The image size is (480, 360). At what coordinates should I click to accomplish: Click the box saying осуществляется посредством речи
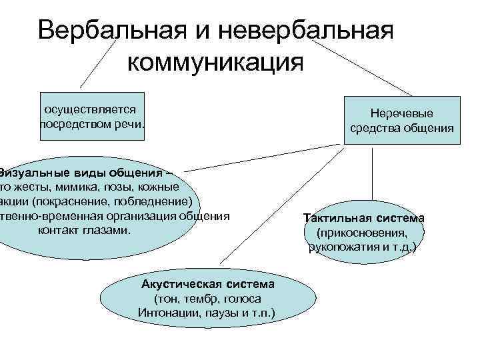92,116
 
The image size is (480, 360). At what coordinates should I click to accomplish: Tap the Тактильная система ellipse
363,233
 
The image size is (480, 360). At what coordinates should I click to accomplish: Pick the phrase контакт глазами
85,230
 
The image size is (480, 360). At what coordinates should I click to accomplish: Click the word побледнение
157,201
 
